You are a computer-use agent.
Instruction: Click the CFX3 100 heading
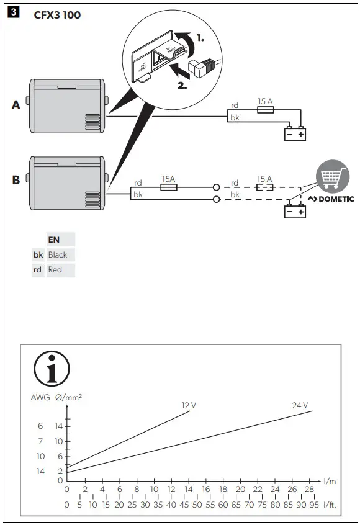57,15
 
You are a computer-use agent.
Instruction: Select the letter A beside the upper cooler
16,105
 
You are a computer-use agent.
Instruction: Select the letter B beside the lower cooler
16,181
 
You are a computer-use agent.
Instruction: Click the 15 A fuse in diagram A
266,108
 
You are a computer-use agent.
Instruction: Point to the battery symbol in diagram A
295,134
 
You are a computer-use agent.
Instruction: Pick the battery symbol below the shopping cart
295,212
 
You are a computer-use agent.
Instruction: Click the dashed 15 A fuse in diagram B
266,186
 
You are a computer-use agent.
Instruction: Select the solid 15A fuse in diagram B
168,186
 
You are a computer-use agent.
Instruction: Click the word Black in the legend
58,254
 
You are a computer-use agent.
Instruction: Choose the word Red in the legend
55,270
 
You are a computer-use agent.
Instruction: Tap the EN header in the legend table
54,239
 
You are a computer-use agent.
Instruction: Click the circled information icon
52,369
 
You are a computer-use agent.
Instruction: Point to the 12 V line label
189,405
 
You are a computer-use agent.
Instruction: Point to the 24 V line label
300,405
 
